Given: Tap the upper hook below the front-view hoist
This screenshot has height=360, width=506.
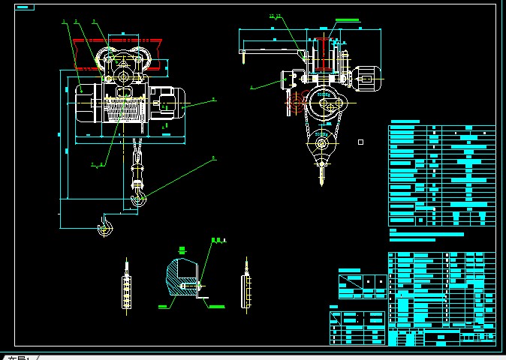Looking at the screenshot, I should point(139,196).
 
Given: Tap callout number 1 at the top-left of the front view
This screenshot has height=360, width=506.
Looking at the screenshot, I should point(65,22).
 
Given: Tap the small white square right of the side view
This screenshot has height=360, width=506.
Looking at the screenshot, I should point(361,142).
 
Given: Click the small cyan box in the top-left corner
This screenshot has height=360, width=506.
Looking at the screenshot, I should point(24,7).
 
